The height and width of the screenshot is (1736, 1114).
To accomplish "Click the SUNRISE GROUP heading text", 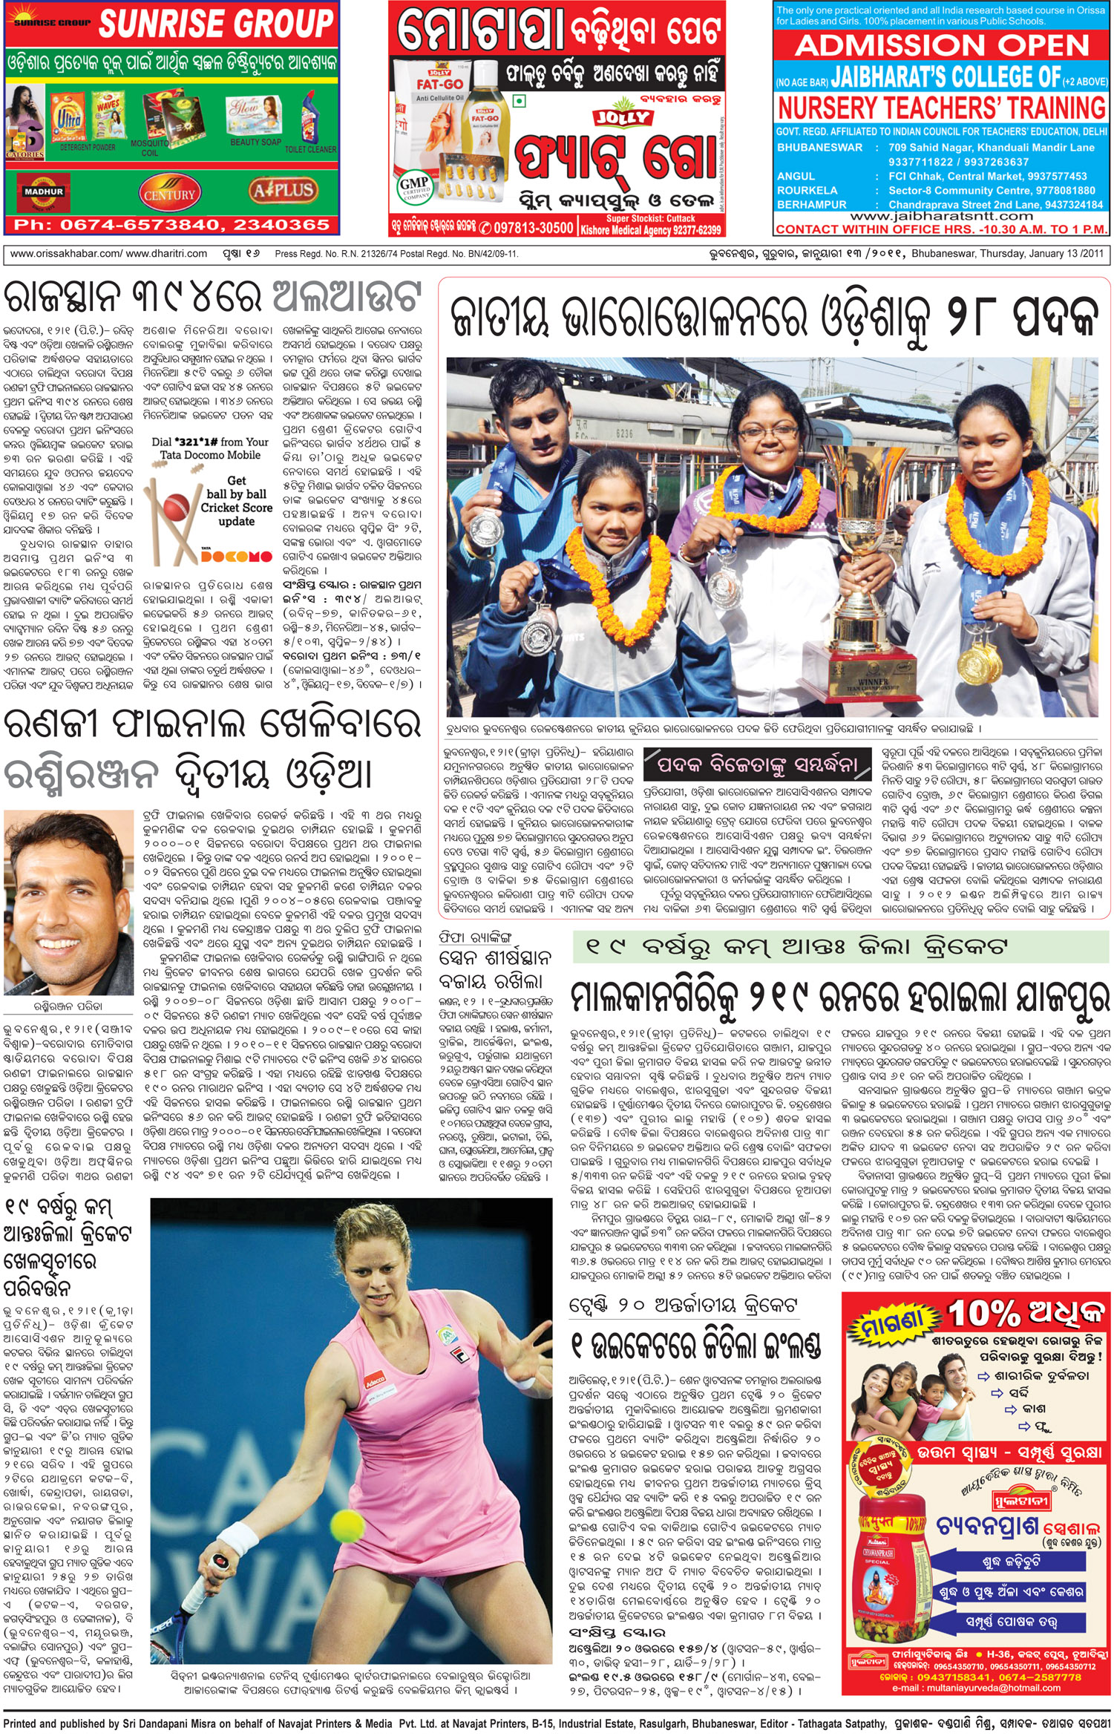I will pos(216,24).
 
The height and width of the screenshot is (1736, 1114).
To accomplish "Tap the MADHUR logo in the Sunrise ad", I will pos(44,192).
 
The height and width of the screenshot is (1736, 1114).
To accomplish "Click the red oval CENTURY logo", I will pos(169,194).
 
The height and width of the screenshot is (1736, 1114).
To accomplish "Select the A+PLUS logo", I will pos(283,191).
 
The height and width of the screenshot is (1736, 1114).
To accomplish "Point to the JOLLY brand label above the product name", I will pos(620,117).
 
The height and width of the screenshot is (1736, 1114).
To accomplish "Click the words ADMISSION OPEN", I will pos(942,46).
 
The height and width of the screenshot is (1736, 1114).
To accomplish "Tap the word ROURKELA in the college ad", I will pos(807,190).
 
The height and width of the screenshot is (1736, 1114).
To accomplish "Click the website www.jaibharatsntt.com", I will pos(941,216).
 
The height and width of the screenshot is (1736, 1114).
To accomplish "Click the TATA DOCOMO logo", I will pos(236,556).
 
